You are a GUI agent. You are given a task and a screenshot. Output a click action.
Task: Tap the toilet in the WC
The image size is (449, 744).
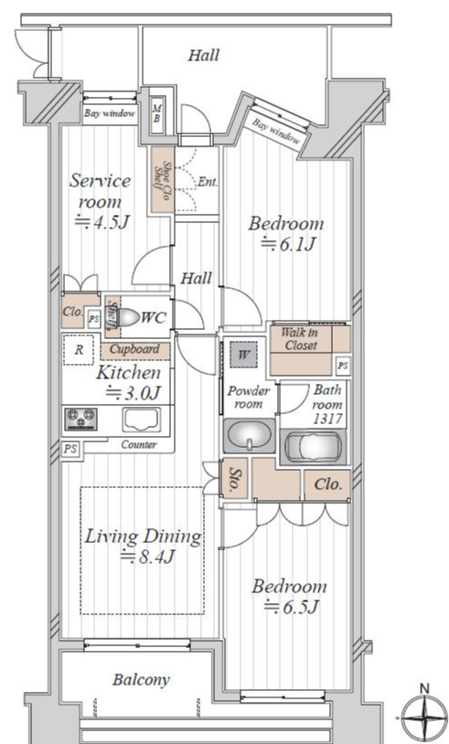tap(127, 317)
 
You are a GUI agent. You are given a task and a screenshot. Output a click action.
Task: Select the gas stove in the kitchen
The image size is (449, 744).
tap(80, 420)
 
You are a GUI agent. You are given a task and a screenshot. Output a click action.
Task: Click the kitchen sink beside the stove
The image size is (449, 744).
tap(141, 420)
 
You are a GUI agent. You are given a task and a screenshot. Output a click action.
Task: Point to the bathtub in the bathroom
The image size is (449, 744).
tap(314, 447)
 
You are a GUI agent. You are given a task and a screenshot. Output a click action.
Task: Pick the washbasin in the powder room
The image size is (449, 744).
tap(249, 435)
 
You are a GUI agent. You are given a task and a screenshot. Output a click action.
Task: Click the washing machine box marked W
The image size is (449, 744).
tap(243, 355)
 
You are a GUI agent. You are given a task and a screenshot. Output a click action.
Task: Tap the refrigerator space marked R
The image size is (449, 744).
tap(79, 350)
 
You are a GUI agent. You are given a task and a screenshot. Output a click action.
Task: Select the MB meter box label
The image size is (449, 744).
tap(156, 113)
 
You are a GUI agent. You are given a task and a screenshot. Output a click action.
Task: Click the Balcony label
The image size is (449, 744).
tap(141, 680)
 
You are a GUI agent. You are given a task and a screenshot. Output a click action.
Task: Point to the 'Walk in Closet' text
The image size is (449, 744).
tap(301, 339)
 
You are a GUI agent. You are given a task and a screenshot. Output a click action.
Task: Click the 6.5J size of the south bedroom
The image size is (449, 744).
tap(291, 607)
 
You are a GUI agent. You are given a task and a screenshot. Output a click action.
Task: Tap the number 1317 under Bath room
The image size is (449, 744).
tap(327, 419)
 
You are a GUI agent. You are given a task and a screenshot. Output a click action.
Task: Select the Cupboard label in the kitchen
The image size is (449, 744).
tap(134, 350)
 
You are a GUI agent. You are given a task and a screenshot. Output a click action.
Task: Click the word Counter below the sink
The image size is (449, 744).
tap(139, 444)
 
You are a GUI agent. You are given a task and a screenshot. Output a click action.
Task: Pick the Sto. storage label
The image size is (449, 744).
tap(234, 480)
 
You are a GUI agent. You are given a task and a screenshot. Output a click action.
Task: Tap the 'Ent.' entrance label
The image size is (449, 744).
tap(208, 182)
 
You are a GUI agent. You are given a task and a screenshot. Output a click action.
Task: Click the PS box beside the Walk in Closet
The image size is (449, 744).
tap(343, 367)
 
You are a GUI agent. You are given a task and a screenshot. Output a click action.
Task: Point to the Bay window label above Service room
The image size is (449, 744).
tap(110, 113)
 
